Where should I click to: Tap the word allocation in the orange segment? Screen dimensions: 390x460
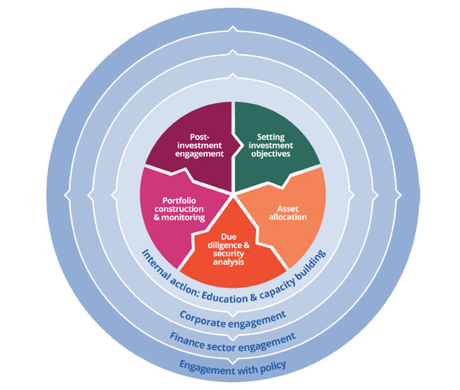(292, 217)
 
